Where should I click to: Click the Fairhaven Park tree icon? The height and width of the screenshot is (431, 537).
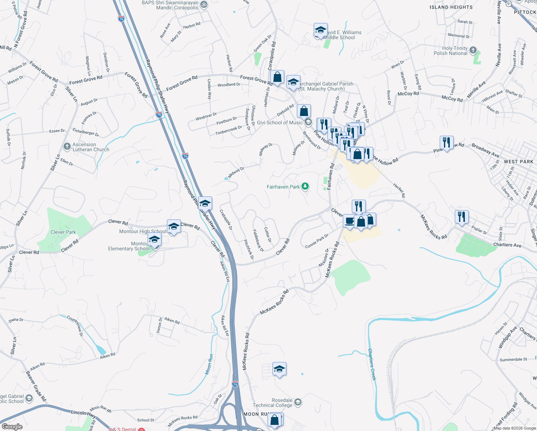(305, 186)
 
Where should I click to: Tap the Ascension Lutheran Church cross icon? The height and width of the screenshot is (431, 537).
(67, 147)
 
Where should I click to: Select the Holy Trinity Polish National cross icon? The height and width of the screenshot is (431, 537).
(473, 50)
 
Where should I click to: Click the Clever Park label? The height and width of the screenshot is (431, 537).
(63, 232)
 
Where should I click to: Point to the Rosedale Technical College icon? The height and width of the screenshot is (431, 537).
(298, 402)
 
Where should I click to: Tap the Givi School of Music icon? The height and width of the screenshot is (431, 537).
(308, 122)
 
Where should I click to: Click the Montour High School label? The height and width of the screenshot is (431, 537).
(143, 232)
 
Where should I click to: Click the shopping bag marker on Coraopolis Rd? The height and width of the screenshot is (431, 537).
(277, 77)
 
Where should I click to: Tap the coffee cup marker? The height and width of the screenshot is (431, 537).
(349, 221)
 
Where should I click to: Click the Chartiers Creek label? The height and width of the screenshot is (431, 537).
(372, 364)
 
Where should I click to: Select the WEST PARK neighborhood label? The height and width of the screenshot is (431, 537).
(518, 162)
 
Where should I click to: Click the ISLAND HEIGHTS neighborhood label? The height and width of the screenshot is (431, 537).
(451, 7)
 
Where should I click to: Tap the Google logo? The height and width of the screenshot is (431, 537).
(12, 427)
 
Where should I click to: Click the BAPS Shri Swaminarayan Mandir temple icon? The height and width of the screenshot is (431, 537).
(204, 5)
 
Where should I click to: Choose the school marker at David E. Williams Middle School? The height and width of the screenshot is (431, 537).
(320, 30)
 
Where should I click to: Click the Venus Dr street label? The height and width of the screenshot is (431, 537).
(159, 325)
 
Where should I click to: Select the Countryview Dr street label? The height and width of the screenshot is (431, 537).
(75, 326)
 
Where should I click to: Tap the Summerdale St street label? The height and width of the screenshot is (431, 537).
(513, 360)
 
